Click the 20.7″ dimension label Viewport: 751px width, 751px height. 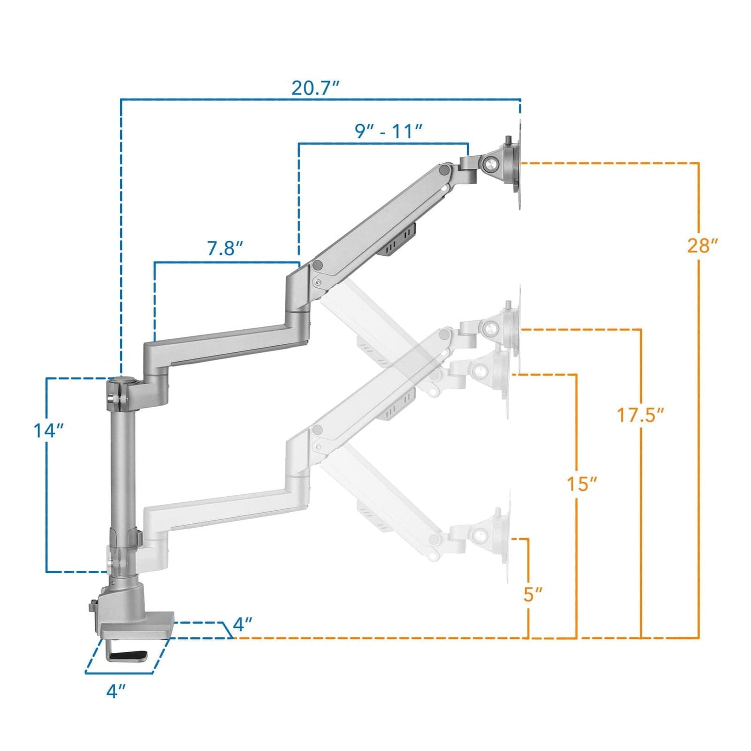[x=315, y=88]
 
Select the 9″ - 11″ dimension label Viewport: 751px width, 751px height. [x=389, y=131]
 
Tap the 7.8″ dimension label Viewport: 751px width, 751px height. [x=225, y=248]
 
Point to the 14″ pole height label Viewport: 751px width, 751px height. [x=49, y=430]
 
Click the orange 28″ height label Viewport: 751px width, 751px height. [x=702, y=246]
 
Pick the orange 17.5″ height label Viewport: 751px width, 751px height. [x=640, y=415]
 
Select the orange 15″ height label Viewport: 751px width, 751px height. [x=581, y=484]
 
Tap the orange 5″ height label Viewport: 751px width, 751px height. [x=533, y=594]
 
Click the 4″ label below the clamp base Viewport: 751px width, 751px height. [x=115, y=691]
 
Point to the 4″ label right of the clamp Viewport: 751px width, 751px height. [x=242, y=624]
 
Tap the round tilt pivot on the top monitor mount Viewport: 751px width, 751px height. [x=491, y=164]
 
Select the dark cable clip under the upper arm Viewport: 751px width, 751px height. [x=399, y=241]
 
